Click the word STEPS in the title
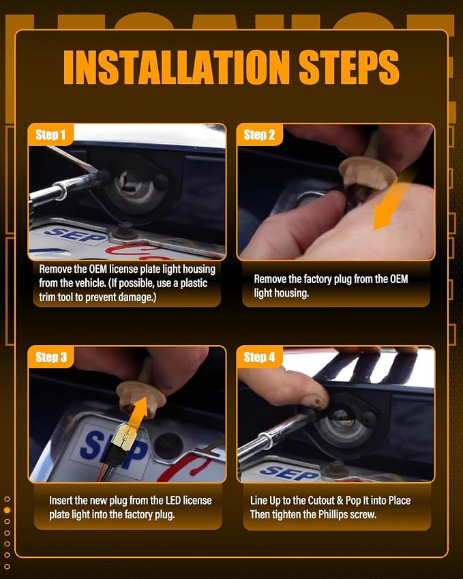349,67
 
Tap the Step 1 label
50,134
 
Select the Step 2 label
259,135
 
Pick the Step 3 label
51,357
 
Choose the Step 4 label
259,357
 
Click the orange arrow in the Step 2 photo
392,201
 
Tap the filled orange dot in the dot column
7,510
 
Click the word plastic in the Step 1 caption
194,283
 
